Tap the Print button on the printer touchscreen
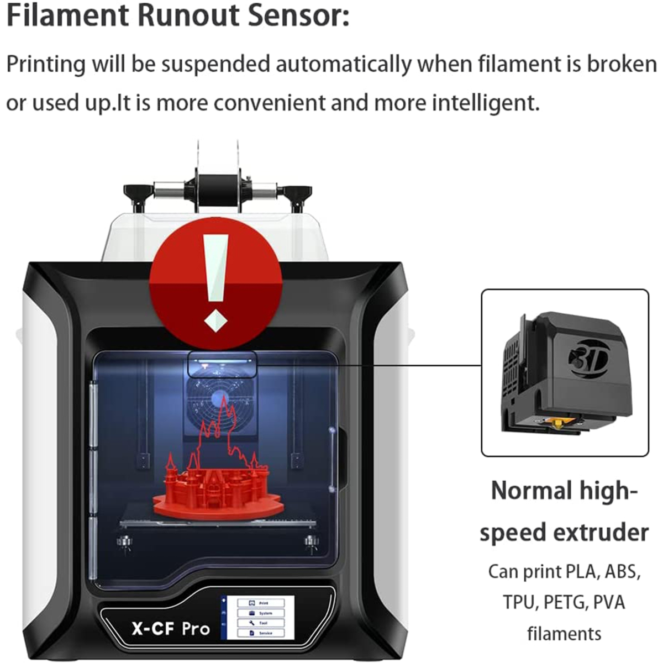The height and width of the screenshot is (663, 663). coord(260,603)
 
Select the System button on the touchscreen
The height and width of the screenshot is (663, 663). coord(260,613)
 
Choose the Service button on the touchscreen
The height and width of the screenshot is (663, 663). coord(260,633)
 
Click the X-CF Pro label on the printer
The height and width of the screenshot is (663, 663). coord(171,628)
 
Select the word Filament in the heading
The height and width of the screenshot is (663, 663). coord(67,15)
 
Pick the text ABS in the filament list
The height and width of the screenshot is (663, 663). coord(622,571)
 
